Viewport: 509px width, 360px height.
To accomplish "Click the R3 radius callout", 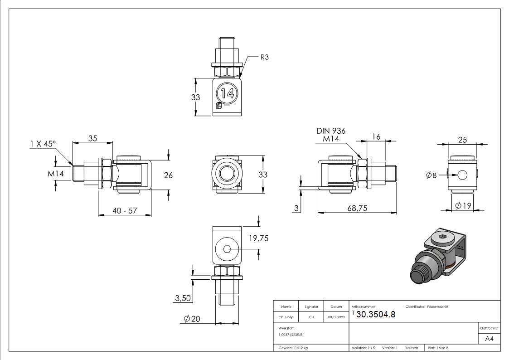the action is point(265,57).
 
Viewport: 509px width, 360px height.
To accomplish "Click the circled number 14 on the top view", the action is point(227,93).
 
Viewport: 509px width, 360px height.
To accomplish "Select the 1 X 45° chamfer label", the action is point(43,143).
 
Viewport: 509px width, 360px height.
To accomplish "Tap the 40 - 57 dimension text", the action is point(125,211).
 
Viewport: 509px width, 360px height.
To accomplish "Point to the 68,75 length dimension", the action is point(357,208).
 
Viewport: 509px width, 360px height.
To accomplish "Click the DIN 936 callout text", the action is point(331,131).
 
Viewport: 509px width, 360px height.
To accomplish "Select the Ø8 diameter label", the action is point(431,175).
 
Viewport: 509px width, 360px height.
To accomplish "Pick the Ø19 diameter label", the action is point(463,205).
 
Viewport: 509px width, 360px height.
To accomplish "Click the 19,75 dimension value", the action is point(259,238).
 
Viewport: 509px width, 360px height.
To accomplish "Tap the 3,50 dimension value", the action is point(183,298).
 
